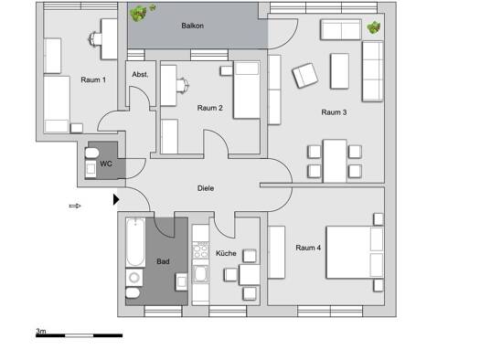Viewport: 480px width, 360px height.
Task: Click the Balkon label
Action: point(192,26)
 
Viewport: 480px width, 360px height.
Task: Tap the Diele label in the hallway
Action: point(206,188)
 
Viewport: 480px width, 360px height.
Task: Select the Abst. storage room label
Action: point(140,74)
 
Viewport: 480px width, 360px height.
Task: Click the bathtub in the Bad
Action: point(135,242)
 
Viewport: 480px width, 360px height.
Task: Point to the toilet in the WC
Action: point(91,153)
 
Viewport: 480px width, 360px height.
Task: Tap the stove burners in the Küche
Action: point(200,250)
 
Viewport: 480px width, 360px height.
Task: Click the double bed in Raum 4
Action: point(355,252)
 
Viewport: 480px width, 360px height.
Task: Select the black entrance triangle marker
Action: point(116,199)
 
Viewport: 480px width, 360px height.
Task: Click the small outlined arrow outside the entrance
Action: point(75,206)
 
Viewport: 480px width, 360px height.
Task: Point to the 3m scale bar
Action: point(79,335)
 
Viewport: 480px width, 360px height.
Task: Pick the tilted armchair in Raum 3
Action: point(304,76)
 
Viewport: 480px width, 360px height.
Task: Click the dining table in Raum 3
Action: point(335,161)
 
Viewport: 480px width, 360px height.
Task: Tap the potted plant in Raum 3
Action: point(374,27)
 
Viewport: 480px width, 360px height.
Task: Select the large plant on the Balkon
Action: point(138,14)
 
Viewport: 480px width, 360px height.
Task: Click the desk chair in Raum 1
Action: point(95,39)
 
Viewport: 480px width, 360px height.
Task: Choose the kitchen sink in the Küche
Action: point(201,274)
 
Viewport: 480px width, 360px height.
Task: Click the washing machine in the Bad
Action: point(134,278)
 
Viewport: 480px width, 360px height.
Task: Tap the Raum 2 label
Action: point(209,108)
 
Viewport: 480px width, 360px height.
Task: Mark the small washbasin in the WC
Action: point(91,169)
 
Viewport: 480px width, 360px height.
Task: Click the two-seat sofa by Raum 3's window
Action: point(341,30)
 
